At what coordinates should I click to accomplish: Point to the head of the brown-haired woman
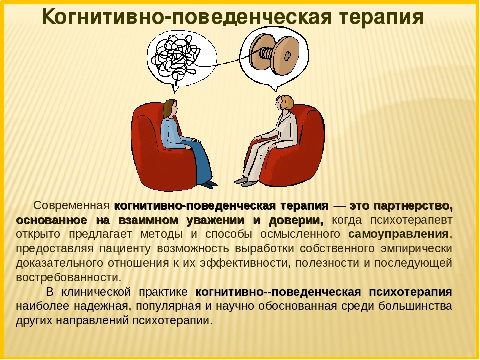(x=170, y=108)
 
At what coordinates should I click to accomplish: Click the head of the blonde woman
(x=284, y=103)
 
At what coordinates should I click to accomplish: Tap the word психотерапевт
(x=411, y=220)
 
